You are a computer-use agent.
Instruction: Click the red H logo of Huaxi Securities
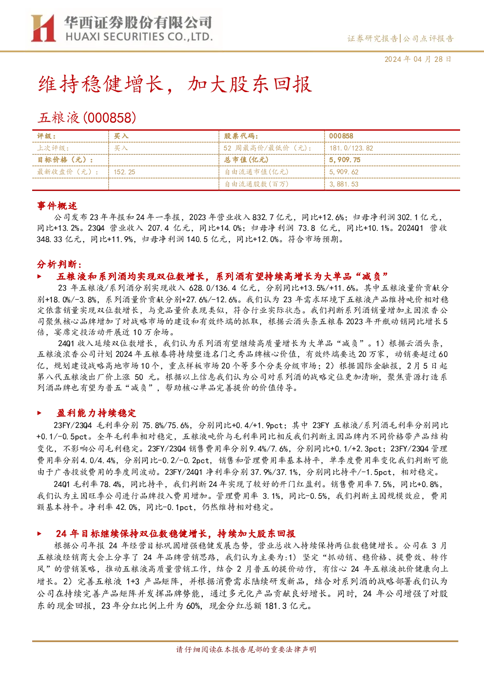coord(43,28)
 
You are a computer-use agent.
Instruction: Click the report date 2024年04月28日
coord(418,59)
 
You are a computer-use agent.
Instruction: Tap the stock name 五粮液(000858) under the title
coord(87,118)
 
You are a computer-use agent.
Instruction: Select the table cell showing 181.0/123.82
coord(351,148)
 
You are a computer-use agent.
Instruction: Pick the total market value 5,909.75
coord(345,160)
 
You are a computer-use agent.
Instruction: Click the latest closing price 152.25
coord(124,172)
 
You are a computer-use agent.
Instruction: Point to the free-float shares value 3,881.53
coord(344,184)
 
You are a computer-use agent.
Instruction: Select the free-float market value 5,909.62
coord(344,172)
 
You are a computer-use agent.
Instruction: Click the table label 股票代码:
coord(241,136)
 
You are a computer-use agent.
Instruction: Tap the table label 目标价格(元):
coord(65,160)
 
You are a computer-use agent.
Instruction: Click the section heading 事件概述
coord(57,206)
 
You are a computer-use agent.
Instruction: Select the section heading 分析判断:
coord(59,264)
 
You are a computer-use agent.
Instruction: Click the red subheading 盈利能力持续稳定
coord(96,413)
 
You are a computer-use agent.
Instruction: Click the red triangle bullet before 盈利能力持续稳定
coord(39,413)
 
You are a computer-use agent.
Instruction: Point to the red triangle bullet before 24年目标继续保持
coord(39,533)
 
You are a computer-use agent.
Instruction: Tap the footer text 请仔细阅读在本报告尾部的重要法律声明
coord(246,649)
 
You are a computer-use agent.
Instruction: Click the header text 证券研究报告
coord(373,39)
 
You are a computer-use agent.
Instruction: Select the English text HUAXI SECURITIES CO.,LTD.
coord(139,37)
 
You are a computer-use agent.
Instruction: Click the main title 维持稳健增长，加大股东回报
coord(175,84)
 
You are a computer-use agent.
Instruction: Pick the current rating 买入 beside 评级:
coord(121,136)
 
